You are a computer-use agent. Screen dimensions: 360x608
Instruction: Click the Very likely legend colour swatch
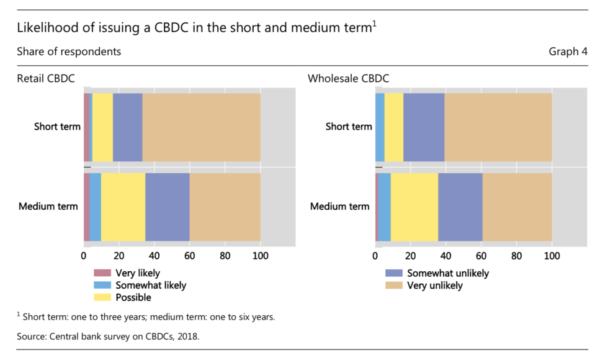pyautogui.click(x=102, y=273)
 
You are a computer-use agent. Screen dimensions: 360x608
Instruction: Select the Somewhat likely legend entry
pyautogui.click(x=150, y=286)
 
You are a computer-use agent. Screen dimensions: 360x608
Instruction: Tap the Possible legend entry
pyautogui.click(x=133, y=298)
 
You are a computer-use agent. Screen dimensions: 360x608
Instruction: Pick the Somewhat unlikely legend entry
pyautogui.click(x=447, y=273)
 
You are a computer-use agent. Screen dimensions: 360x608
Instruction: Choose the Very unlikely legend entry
pyautogui.click(x=434, y=286)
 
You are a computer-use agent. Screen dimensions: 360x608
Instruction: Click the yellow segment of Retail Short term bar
pyautogui.click(x=102, y=127)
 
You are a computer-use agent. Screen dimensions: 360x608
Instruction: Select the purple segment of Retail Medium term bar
pyautogui.click(x=168, y=207)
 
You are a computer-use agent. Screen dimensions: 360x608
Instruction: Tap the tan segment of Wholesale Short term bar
pyautogui.click(x=498, y=127)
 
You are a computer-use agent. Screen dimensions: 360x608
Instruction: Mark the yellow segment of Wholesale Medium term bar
pyautogui.click(x=414, y=207)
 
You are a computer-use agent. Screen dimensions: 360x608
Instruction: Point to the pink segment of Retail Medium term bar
pyautogui.click(x=86, y=207)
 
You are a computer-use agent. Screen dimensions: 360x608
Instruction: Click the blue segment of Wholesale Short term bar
pyautogui.click(x=380, y=127)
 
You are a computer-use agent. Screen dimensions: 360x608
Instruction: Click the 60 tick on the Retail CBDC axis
pyautogui.click(x=190, y=254)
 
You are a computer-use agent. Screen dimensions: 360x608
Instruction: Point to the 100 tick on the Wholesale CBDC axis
pyautogui.click(x=552, y=254)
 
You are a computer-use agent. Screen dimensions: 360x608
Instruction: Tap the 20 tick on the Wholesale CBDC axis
pyautogui.click(x=410, y=254)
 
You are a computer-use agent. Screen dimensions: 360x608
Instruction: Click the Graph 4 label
pyautogui.click(x=568, y=52)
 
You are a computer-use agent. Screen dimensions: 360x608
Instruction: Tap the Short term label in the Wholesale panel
pyautogui.click(x=349, y=127)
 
